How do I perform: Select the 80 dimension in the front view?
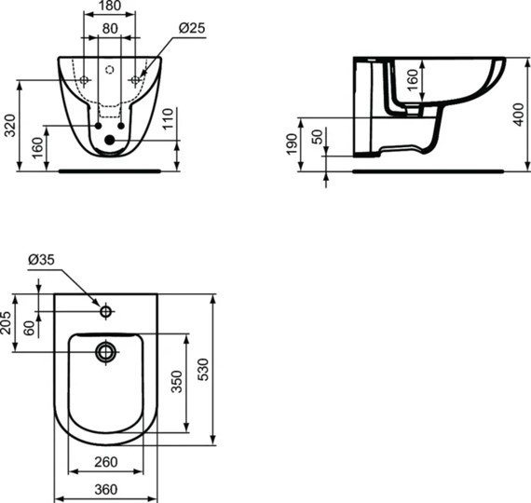[109, 29]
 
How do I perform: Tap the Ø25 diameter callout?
[192, 29]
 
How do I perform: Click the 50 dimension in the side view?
[317, 135]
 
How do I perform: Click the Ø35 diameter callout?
[40, 260]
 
